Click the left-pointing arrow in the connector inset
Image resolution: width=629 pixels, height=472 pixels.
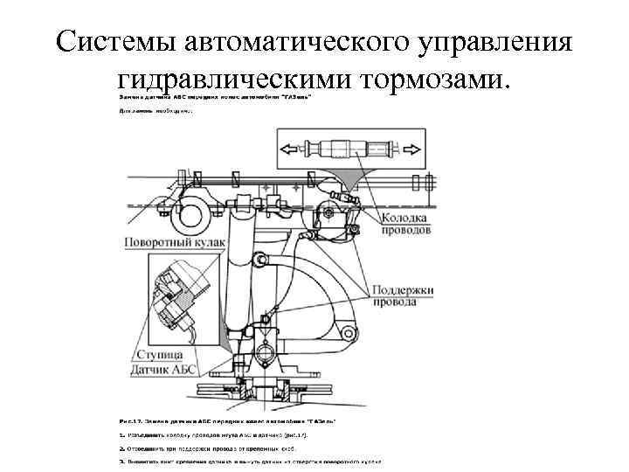tap(294, 149)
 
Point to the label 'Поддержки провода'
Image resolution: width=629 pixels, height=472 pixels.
tap(403, 297)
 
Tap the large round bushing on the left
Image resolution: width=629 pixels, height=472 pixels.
tap(196, 209)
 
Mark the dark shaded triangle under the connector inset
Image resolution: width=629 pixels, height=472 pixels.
tap(355, 181)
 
